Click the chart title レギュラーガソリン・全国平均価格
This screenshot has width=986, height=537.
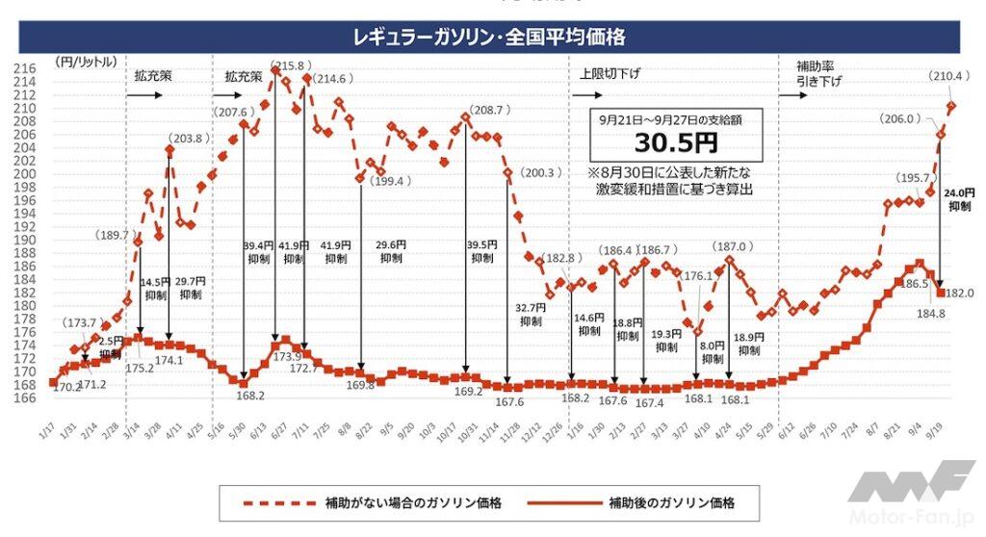491,38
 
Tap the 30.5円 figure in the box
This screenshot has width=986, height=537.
676,144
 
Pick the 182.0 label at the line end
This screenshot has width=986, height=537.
961,292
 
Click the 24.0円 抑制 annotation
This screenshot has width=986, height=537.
959,198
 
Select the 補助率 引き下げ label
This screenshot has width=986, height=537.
818,74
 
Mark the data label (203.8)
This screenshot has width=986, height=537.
188,138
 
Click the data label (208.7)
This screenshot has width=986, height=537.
490,111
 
